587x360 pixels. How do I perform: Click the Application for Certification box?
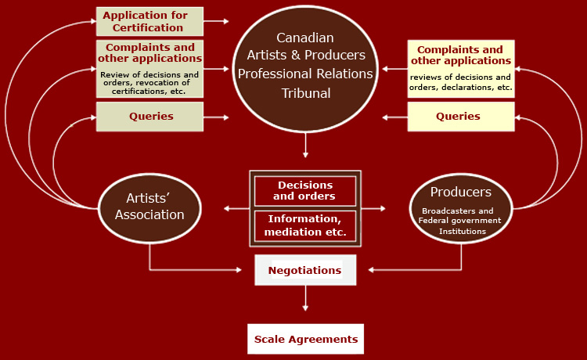point(149,21)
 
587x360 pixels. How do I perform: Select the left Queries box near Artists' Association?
point(149,117)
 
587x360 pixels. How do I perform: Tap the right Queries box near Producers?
point(460,117)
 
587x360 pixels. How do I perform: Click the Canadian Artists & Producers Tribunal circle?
point(305,66)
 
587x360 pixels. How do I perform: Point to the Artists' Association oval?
point(149,207)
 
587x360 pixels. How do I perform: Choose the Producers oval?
point(461,207)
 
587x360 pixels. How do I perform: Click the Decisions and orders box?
point(304,191)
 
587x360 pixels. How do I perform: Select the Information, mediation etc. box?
point(304,225)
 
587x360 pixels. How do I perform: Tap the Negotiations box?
point(305,270)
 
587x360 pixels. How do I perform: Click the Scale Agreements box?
point(305,339)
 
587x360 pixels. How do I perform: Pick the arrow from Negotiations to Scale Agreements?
point(305,299)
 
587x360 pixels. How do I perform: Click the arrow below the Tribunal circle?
point(305,146)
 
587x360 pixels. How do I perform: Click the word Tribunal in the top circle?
point(305,93)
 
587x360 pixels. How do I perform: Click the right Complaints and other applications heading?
point(460,55)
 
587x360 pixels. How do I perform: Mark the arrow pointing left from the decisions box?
point(235,208)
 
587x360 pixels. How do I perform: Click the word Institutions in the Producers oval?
point(462,231)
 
